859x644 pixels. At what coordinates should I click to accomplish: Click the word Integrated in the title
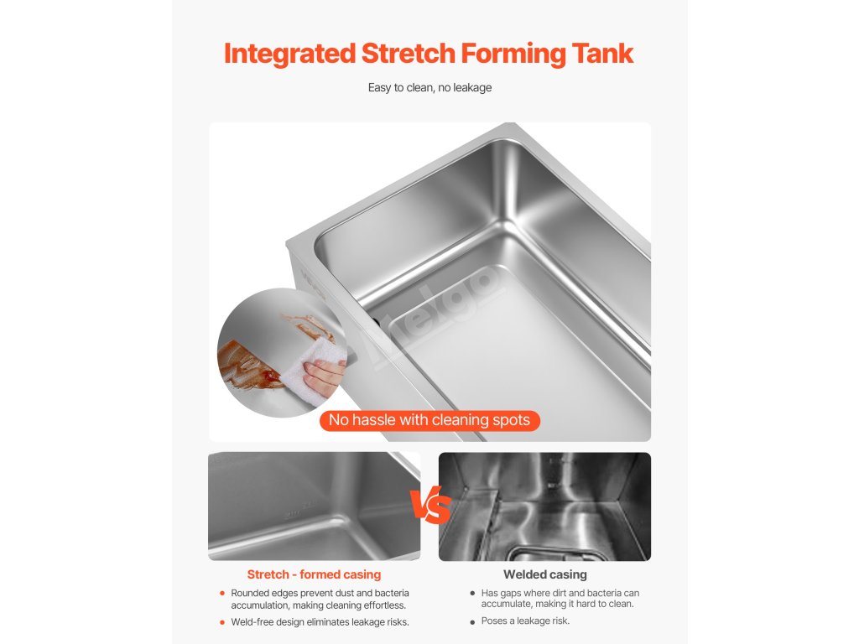(x=289, y=55)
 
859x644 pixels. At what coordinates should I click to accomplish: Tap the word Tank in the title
(x=602, y=54)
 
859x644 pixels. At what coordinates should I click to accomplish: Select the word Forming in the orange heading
(x=513, y=55)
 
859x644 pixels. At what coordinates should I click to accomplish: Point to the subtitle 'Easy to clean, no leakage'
(x=429, y=87)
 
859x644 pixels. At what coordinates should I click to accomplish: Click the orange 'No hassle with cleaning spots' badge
(x=429, y=421)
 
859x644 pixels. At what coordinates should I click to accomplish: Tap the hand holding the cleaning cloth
(x=325, y=377)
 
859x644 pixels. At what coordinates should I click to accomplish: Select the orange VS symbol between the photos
(x=430, y=504)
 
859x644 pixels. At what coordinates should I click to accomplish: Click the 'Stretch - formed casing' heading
(x=314, y=574)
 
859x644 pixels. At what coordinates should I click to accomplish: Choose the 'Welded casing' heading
(x=545, y=574)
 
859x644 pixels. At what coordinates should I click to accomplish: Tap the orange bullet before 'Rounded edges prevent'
(x=221, y=593)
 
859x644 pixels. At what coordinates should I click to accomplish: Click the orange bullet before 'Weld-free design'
(x=221, y=622)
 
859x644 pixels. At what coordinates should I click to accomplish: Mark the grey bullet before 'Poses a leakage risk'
(x=472, y=622)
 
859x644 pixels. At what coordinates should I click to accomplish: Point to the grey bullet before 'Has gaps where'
(x=472, y=593)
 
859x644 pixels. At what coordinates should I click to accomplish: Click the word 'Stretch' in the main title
(x=409, y=54)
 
